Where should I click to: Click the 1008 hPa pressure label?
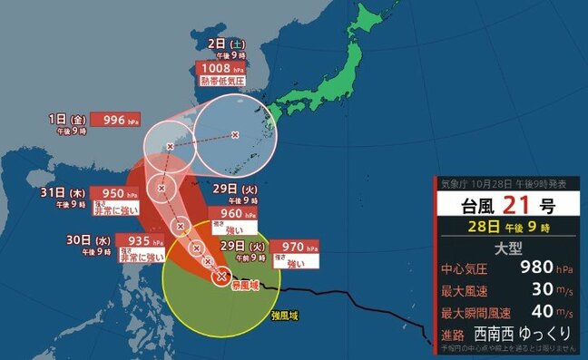tap(220, 68)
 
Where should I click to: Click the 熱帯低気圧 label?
tap(221, 83)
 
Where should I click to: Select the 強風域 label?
tap(284, 316)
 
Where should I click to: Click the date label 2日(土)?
tap(212, 44)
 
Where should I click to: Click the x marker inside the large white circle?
tap(235, 136)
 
